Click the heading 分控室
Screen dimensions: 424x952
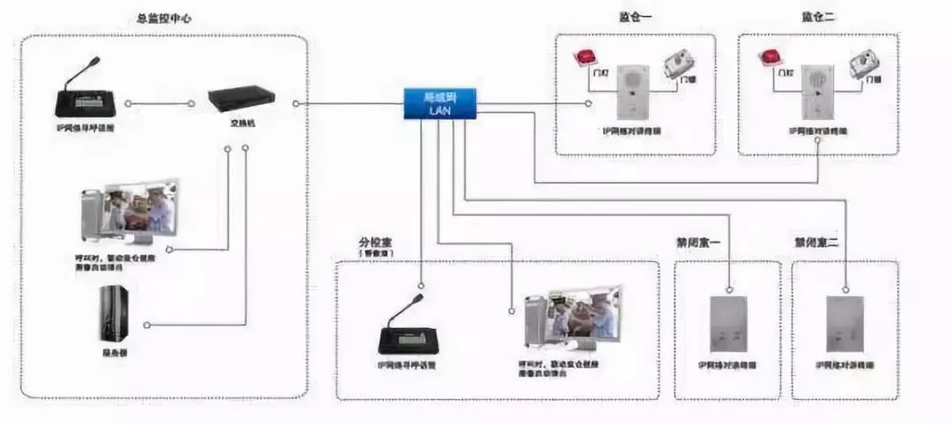pyautogui.click(x=375, y=241)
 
